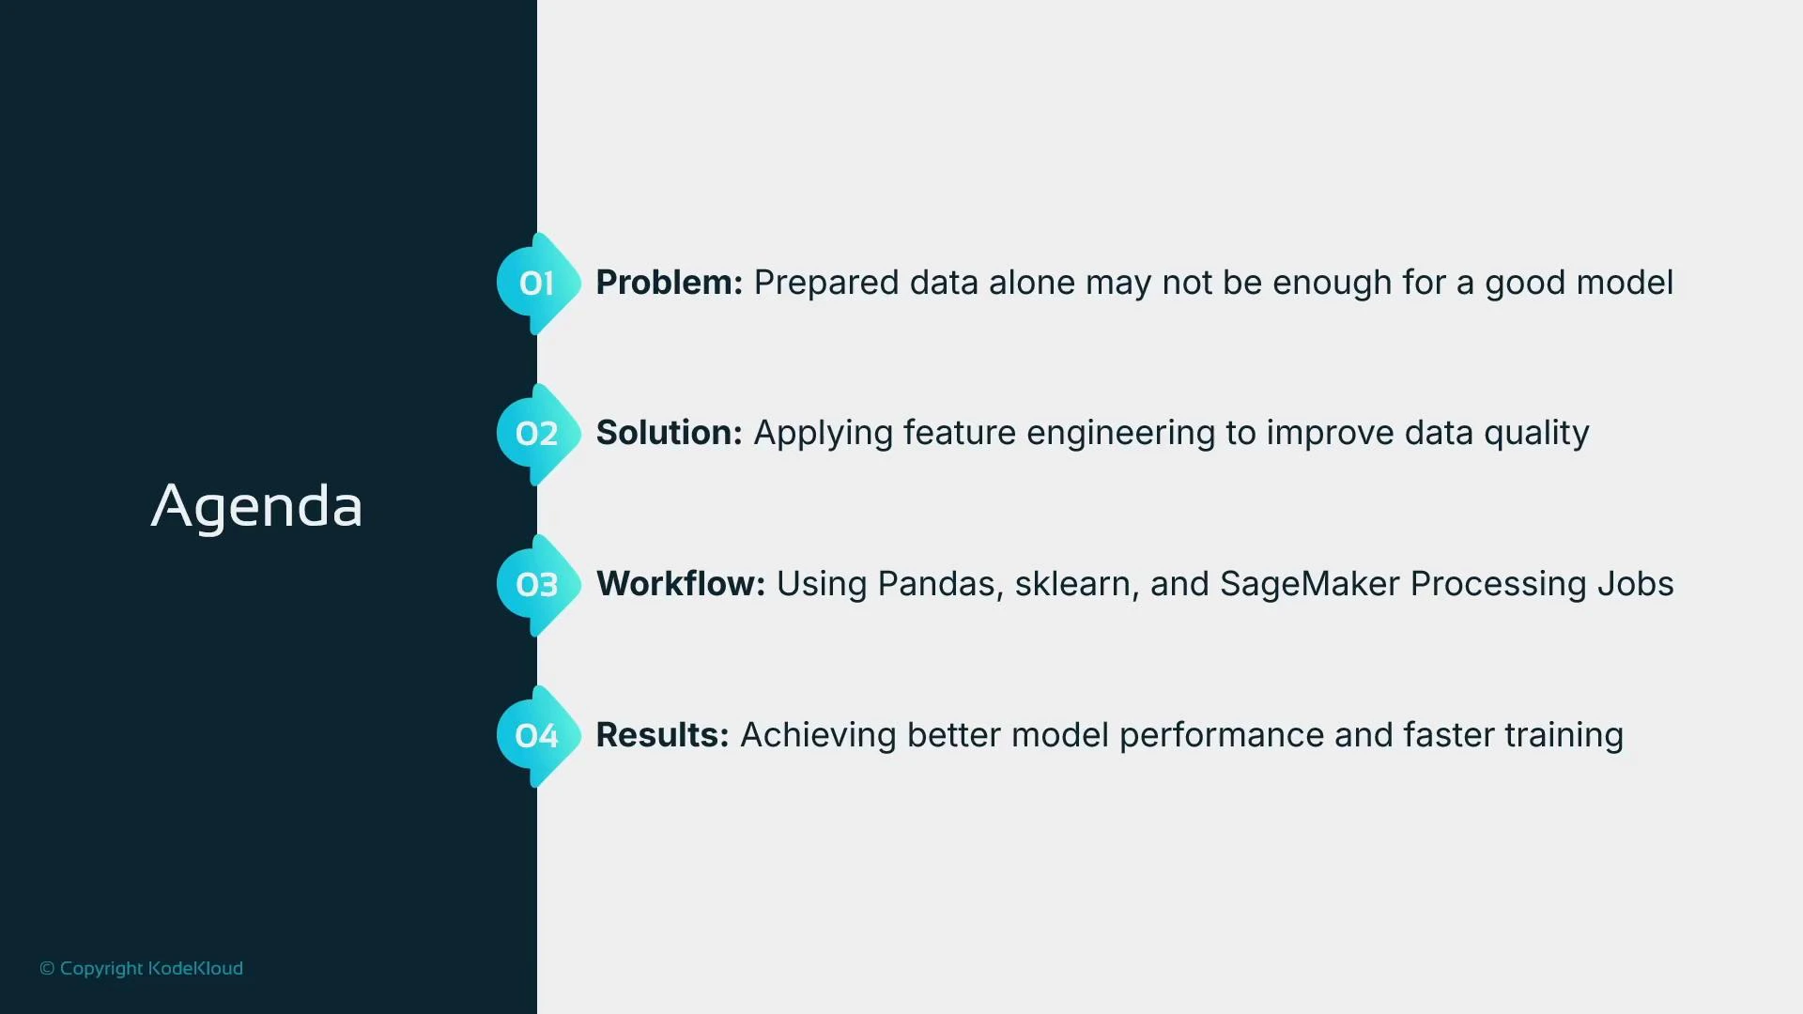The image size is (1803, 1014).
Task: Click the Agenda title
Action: [x=256, y=507]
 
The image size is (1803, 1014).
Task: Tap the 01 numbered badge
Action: [x=536, y=284]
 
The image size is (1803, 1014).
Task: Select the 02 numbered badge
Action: [x=536, y=434]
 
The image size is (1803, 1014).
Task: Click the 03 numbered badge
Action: [x=536, y=585]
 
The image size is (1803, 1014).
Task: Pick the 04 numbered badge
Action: [x=536, y=736]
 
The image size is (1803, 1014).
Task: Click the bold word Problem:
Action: [x=669, y=283]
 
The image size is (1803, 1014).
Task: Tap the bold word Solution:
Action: [x=669, y=433]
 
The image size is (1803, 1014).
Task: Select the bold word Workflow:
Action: [x=680, y=584]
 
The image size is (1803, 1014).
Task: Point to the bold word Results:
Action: [x=662, y=735]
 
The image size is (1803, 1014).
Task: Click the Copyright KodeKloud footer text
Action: [x=141, y=968]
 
